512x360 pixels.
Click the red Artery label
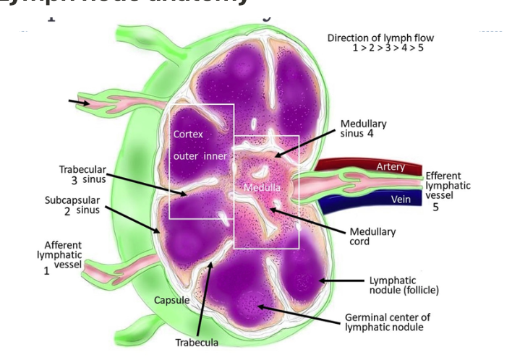point(390,167)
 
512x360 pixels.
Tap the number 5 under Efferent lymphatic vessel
point(435,207)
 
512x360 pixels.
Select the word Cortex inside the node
point(188,134)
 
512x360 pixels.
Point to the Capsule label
point(172,300)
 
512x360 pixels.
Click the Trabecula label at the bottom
point(197,341)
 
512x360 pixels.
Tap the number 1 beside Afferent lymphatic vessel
point(46,271)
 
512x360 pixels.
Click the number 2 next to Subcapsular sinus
point(67,211)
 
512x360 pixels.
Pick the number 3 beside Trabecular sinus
point(74,179)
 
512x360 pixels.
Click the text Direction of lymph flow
point(381,38)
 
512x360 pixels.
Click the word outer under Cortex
point(186,156)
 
